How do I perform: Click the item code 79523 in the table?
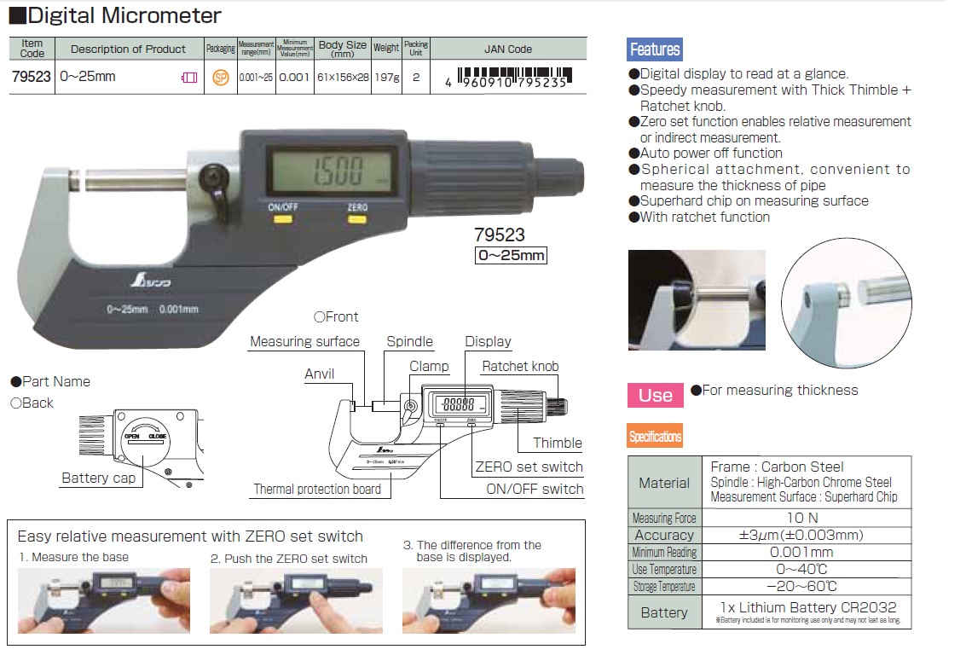coord(32,77)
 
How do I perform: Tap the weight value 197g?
coord(386,77)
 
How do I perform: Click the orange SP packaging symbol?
coord(221,78)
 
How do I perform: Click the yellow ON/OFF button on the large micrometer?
coord(281,219)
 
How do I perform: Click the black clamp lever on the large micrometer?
coord(211,178)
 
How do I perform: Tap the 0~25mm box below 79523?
coord(510,255)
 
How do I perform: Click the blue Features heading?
coord(655,49)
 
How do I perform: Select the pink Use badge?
coord(655,395)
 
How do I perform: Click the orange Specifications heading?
coord(655,437)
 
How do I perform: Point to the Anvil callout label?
coord(320,374)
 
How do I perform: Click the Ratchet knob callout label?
coord(520,367)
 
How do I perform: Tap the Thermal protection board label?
coord(317,490)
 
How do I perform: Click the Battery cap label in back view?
coord(98,478)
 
